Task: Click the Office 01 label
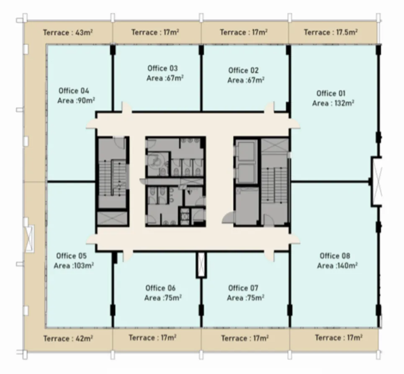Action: click(x=331, y=93)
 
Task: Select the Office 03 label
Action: click(x=162, y=68)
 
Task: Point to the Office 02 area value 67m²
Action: click(x=246, y=80)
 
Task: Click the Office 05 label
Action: click(x=71, y=256)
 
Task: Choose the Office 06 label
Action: click(x=160, y=288)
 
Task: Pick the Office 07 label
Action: click(x=243, y=288)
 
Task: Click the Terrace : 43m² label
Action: click(x=68, y=32)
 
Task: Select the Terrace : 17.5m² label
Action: click(x=330, y=32)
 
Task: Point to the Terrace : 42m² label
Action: click(x=68, y=338)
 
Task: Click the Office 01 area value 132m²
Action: click(x=333, y=103)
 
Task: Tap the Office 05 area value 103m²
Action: click(x=74, y=266)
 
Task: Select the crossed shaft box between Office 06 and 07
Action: click(x=201, y=265)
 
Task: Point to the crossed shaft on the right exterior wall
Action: click(x=378, y=181)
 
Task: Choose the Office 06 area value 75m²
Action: click(x=163, y=298)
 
